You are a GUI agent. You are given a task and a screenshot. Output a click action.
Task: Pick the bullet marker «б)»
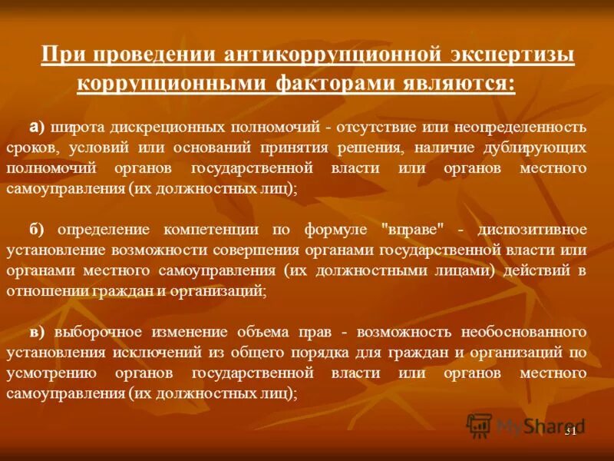click(37, 230)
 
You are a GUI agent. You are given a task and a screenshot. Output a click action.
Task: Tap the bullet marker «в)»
click(37, 332)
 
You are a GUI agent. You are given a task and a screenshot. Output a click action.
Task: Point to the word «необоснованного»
click(523, 332)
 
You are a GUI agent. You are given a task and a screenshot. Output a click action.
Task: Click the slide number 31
click(570, 431)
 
